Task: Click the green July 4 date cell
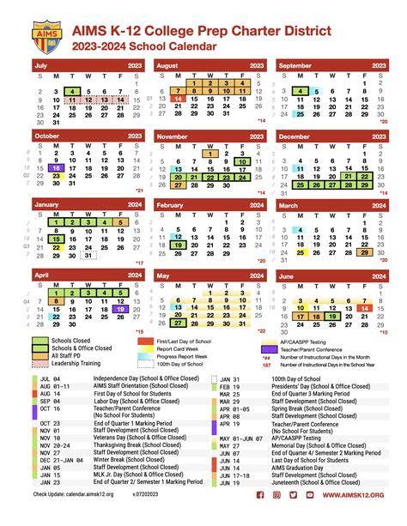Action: click(x=71, y=91)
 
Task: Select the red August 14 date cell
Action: click(x=178, y=100)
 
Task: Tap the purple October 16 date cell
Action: click(x=55, y=168)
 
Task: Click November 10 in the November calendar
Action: click(x=243, y=160)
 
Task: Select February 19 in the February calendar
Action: click(x=178, y=245)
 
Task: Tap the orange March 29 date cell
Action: click(x=366, y=251)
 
